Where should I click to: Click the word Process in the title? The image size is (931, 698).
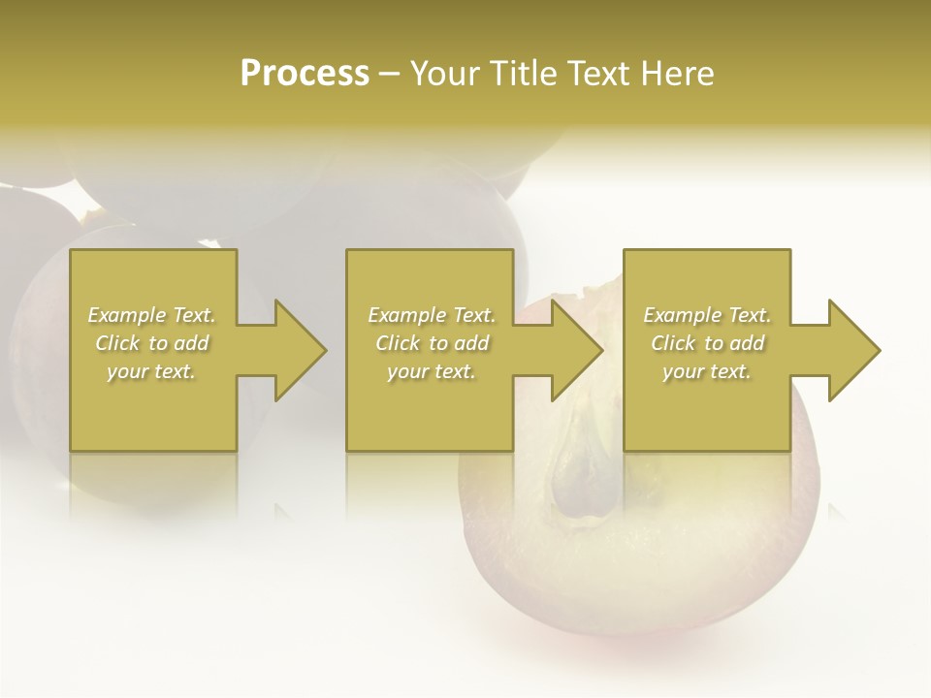[x=305, y=74]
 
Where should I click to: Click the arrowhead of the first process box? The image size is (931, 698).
[x=297, y=350]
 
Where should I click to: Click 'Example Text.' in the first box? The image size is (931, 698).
[x=151, y=315]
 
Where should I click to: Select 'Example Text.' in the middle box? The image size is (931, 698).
[x=431, y=315]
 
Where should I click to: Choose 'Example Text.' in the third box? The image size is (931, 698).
[x=707, y=315]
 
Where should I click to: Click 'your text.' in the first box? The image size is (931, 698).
[x=151, y=371]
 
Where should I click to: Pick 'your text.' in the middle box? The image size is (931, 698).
[x=431, y=371]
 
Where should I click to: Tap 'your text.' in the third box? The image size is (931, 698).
[x=707, y=371]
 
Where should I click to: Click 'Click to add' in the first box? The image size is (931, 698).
[x=151, y=343]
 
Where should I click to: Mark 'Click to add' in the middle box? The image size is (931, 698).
[x=431, y=343]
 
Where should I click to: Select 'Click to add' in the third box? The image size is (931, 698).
[x=707, y=343]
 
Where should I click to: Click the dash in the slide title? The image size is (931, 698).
[x=390, y=74]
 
